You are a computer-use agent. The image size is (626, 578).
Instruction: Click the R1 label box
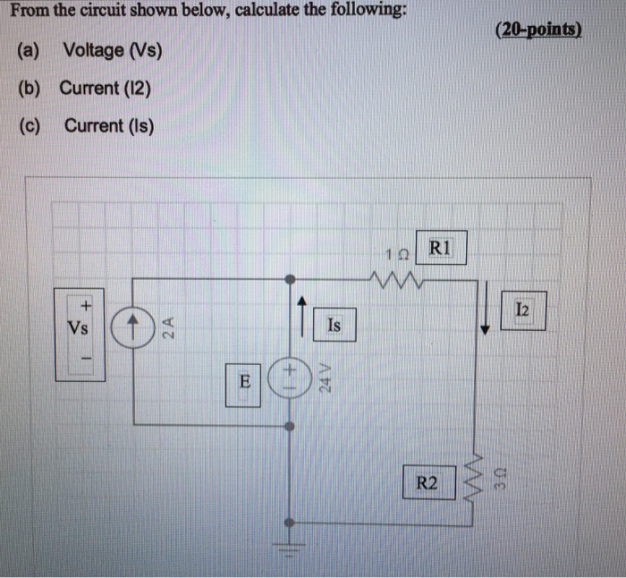[441, 250]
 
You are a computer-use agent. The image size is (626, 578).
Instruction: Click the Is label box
[334, 326]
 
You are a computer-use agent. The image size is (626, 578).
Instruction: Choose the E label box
[242, 382]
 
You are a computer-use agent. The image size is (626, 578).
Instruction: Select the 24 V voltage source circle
[288, 376]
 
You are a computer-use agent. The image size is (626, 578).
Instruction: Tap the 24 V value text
[326, 378]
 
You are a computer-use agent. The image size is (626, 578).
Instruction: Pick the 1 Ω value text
[396, 254]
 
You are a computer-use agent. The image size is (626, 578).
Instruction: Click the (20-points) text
[537, 30]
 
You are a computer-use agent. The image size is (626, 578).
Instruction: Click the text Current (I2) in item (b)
[106, 88]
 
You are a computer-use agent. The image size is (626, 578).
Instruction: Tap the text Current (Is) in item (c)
[108, 125]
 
